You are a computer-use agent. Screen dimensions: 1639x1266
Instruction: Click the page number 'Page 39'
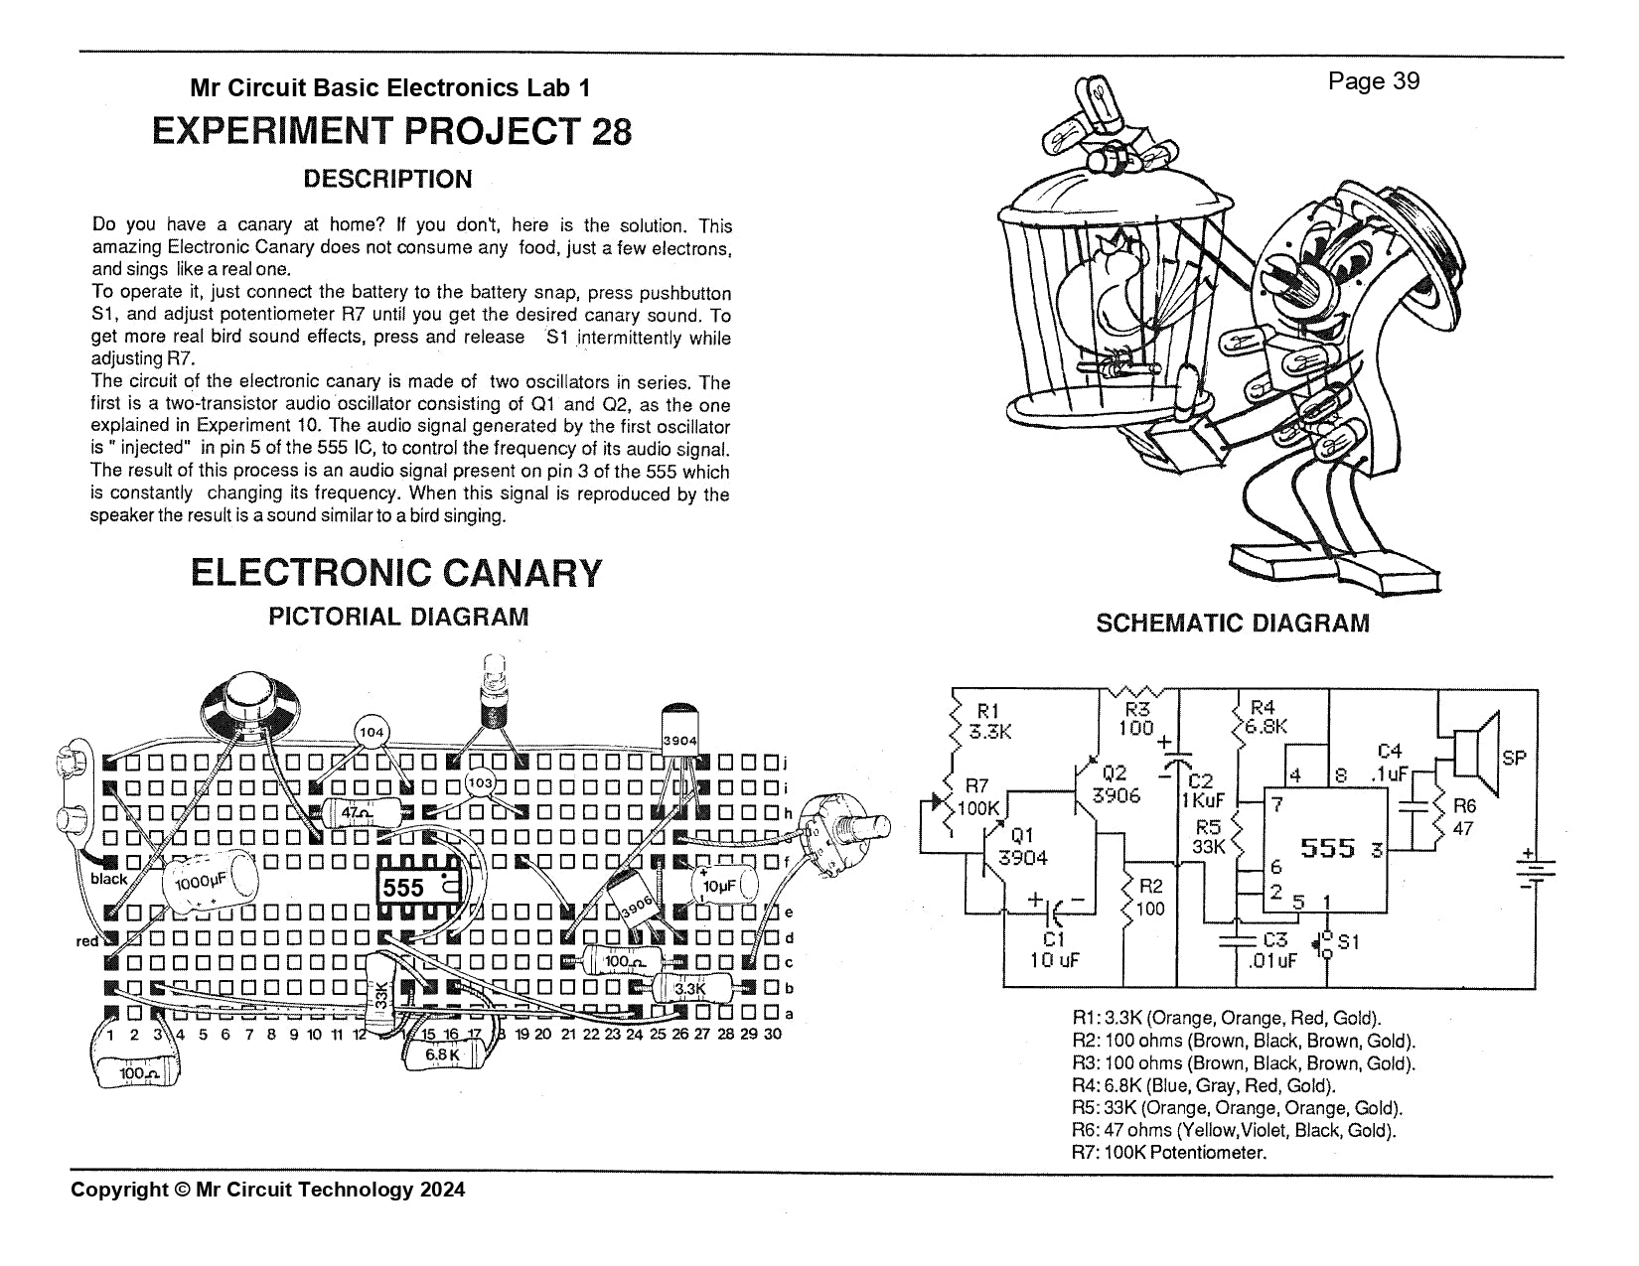pyautogui.click(x=1374, y=81)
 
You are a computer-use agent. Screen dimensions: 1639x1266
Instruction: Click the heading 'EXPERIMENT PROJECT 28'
pyautogui.click(x=391, y=131)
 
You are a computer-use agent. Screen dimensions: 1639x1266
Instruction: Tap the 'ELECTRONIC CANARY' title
pyautogui.click(x=396, y=572)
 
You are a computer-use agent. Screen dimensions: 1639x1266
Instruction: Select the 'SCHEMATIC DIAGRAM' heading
pyautogui.click(x=1232, y=624)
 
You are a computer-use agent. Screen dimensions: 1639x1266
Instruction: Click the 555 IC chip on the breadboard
pyautogui.click(x=418, y=888)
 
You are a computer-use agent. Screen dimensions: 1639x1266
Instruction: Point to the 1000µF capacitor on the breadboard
pyautogui.click(x=211, y=881)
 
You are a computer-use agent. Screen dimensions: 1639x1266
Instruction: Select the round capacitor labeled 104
pyautogui.click(x=372, y=732)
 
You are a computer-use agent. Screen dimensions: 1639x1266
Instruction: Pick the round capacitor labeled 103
pyautogui.click(x=481, y=783)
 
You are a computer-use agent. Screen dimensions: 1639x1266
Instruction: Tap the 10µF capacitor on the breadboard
pyautogui.click(x=724, y=886)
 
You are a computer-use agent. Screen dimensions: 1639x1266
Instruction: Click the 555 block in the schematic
pyautogui.click(x=1325, y=850)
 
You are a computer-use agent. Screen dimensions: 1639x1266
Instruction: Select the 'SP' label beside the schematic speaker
pyautogui.click(x=1514, y=759)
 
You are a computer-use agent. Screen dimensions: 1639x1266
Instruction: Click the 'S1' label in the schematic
pyautogui.click(x=1349, y=941)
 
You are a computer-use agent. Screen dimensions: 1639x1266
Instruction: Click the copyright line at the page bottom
pyautogui.click(x=268, y=1190)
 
